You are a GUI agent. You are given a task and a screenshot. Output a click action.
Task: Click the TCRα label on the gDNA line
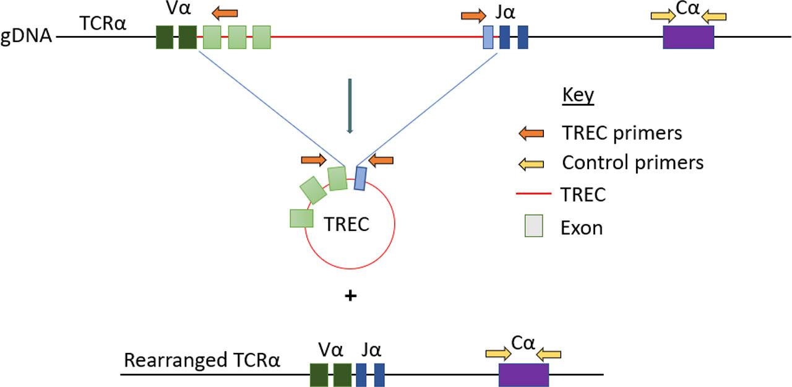pyautogui.click(x=103, y=23)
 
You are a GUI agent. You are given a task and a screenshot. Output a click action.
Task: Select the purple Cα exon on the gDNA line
pyautogui.click(x=688, y=37)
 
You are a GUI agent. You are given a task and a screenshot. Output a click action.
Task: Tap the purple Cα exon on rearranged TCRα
pyautogui.click(x=523, y=375)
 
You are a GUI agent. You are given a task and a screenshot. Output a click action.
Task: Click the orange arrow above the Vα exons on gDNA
pyautogui.click(x=224, y=12)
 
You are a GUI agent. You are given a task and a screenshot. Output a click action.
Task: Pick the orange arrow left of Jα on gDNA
pyautogui.click(x=474, y=15)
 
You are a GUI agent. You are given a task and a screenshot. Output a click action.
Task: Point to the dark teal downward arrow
pyautogui.click(x=350, y=106)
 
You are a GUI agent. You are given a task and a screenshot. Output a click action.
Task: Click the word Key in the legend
pyautogui.click(x=577, y=95)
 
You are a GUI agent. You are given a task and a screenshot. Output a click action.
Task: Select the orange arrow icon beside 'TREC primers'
pyautogui.click(x=531, y=133)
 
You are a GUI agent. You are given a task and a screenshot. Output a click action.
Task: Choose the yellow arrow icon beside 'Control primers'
pyautogui.click(x=531, y=163)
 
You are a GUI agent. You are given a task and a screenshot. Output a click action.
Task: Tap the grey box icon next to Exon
pyautogui.click(x=530, y=227)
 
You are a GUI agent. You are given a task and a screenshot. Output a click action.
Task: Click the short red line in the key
pyautogui.click(x=532, y=195)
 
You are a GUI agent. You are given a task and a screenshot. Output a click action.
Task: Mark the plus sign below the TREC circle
pyautogui.click(x=350, y=296)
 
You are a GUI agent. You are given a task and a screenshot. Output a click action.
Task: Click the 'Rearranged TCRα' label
pyautogui.click(x=202, y=360)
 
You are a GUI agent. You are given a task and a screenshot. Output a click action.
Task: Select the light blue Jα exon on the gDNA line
pyautogui.click(x=488, y=37)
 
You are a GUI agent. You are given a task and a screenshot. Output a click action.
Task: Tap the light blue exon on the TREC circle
pyautogui.click(x=360, y=178)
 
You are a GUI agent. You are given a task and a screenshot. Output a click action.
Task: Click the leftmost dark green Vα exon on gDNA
pyautogui.click(x=165, y=37)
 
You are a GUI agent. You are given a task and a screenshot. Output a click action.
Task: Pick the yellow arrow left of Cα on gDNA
pyautogui.click(x=663, y=16)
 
